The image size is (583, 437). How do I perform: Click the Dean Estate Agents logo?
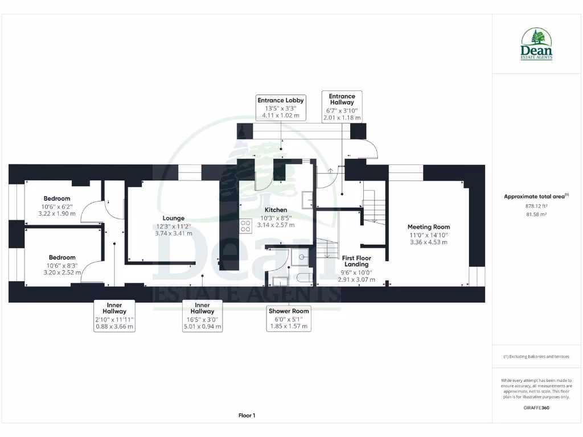tap(536, 45)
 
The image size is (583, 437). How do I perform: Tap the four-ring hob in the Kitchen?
tap(246, 226)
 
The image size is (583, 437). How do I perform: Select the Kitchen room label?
tap(276, 210)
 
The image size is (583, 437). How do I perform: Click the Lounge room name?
tap(173, 218)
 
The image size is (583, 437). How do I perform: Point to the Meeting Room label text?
tap(429, 227)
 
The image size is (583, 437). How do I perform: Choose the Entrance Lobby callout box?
tap(281, 108)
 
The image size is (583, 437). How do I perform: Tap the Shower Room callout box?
tap(289, 319)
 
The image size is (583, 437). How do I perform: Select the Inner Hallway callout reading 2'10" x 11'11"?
tap(114, 316)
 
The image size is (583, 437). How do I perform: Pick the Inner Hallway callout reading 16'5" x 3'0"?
tap(202, 316)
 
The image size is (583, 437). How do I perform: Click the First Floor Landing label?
tap(356, 261)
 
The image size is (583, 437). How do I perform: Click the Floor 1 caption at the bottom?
tap(247, 415)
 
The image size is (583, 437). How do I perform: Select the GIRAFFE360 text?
tap(536, 407)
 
